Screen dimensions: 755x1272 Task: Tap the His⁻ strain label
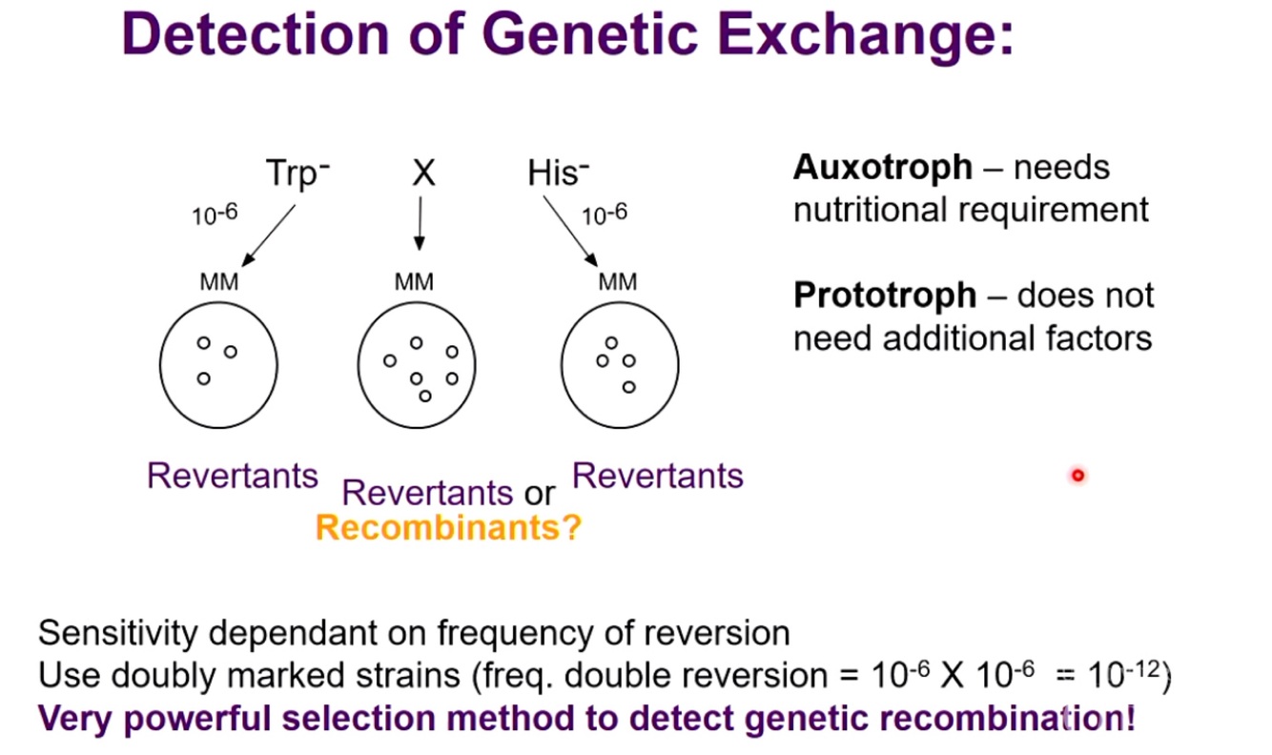coord(558,174)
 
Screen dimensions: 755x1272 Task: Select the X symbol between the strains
coord(422,174)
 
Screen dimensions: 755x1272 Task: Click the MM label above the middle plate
coord(413,283)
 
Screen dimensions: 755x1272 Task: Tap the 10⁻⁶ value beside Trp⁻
coord(215,214)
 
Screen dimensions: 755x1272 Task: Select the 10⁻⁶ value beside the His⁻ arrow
coord(605,214)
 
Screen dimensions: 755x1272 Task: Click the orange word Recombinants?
coord(448,527)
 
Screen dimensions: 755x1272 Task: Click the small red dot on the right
coord(1077,475)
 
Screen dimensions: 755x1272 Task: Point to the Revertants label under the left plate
coord(233,476)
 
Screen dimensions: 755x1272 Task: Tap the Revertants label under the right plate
coord(658,476)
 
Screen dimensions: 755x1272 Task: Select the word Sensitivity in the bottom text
coord(112,633)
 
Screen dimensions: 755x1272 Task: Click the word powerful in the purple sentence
coord(202,717)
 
